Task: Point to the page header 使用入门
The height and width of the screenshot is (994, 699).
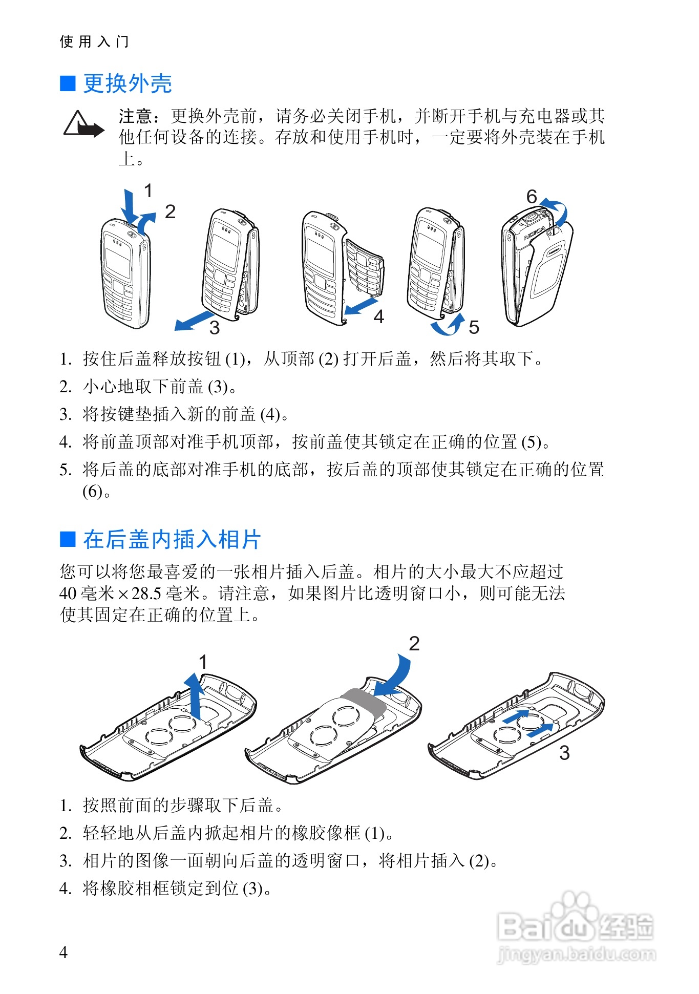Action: click(x=94, y=41)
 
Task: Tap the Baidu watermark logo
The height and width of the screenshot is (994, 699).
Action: click(x=576, y=927)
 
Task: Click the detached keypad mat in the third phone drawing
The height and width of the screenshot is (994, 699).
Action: click(x=365, y=266)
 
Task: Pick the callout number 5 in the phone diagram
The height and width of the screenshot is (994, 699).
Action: click(x=474, y=327)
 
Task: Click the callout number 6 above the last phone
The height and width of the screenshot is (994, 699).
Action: click(x=532, y=197)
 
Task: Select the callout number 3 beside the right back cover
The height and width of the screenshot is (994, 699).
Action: click(x=564, y=753)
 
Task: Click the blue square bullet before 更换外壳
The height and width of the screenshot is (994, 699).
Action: click(x=68, y=83)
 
